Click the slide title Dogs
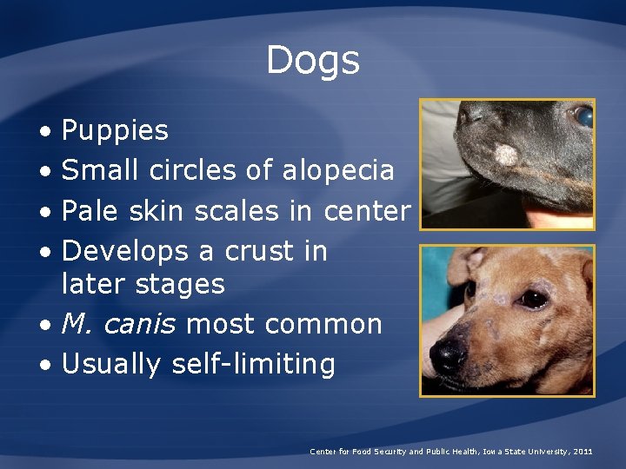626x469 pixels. click(x=312, y=60)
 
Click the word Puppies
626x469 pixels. click(x=116, y=131)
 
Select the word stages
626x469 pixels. click(x=182, y=284)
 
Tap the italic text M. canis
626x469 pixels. click(x=119, y=324)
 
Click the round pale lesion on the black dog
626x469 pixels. click(x=506, y=155)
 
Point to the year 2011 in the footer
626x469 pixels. click(x=583, y=452)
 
